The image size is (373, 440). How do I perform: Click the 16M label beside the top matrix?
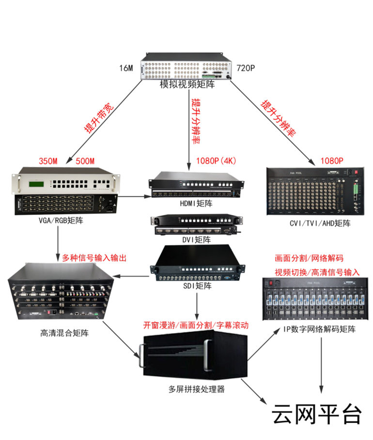(x=126, y=68)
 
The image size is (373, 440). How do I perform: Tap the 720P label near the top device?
(x=245, y=68)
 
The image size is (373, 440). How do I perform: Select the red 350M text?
(x=48, y=161)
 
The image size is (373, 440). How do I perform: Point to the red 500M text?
(x=85, y=161)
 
